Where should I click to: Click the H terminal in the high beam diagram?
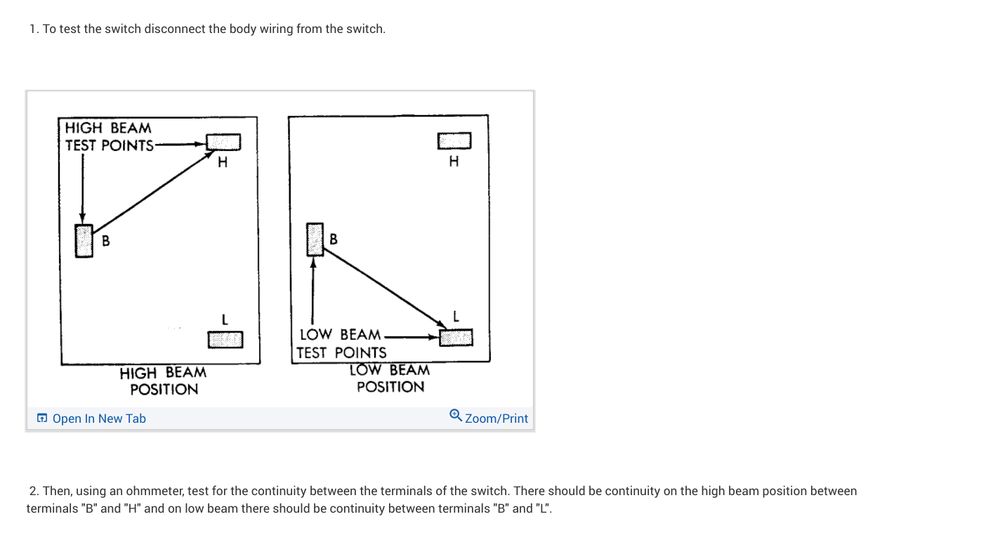coord(224,142)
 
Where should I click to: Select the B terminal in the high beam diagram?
coord(84,241)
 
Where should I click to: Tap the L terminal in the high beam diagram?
coord(225,339)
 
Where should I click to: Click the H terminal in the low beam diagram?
coord(454,141)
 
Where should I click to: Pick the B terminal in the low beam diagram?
coord(315,239)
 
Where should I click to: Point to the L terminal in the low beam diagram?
coord(456,338)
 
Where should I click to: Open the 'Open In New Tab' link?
coord(99,419)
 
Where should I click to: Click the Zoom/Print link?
coord(496,419)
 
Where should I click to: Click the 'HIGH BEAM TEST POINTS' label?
coord(109,137)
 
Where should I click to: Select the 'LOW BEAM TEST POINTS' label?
coord(341,343)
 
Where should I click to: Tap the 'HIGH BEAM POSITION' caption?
coord(164,381)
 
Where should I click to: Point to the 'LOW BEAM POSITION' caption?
coord(390,378)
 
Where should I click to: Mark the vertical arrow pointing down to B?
coord(83,186)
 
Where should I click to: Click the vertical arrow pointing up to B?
coord(313,295)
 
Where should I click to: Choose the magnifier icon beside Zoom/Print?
coord(456,416)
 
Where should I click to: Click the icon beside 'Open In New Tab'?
coord(42,419)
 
